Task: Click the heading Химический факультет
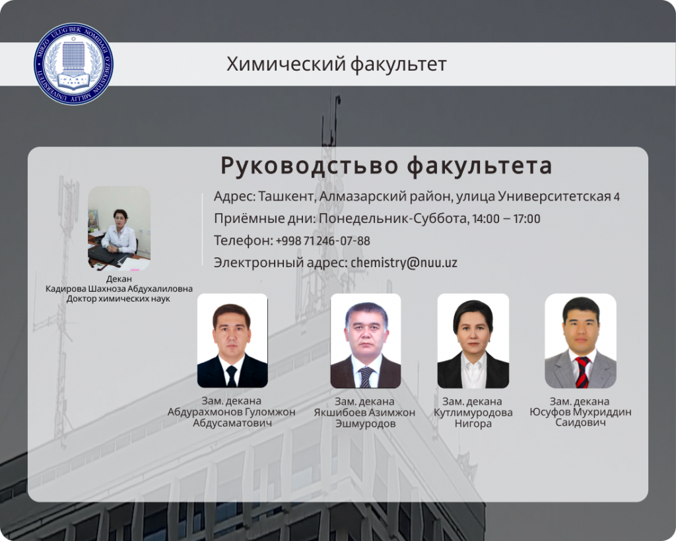337,64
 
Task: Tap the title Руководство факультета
386,166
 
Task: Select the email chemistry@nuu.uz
404,263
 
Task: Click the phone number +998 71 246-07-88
322,240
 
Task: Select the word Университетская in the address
555,197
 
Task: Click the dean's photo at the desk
119,228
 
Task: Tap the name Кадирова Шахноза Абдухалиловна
119,288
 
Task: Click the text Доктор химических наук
119,298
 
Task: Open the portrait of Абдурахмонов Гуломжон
232,340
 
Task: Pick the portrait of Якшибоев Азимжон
366,340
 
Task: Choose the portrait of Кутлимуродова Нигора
473,340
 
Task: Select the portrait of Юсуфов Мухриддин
580,340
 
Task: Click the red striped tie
582,372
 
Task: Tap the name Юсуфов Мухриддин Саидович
580,417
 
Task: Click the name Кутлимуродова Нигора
473,418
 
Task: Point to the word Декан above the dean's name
119,278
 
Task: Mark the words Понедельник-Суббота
393,219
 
